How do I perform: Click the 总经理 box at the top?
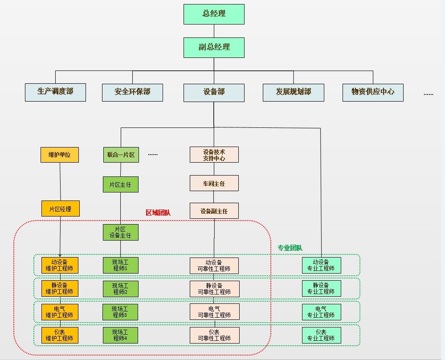click(214, 14)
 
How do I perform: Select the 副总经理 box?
click(214, 48)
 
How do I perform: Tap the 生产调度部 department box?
click(55, 92)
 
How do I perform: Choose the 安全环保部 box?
click(133, 93)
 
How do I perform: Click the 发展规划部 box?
click(294, 93)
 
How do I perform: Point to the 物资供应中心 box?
click(373, 93)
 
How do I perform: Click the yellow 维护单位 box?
click(60, 155)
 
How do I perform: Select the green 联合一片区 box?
click(121, 155)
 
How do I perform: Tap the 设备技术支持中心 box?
click(214, 155)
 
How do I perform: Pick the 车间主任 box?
click(214, 183)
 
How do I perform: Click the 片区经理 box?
click(61, 209)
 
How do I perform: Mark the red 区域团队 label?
click(158, 213)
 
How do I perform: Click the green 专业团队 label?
click(290, 248)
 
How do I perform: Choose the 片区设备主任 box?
click(121, 232)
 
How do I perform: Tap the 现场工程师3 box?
click(120, 312)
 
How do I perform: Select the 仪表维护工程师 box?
click(60, 335)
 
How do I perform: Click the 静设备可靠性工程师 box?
click(215, 289)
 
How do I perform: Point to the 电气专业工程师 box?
click(322, 312)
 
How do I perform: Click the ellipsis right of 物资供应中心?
click(428, 94)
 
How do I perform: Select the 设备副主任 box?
click(214, 211)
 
